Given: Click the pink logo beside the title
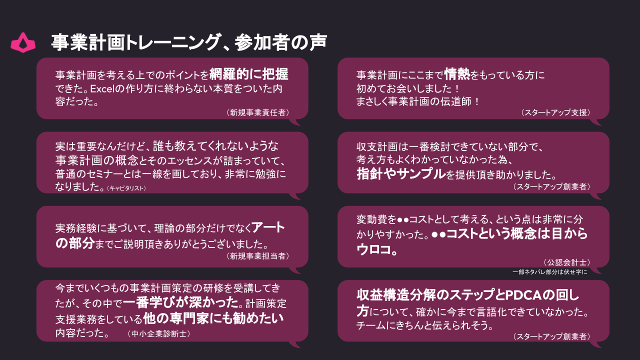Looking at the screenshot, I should [x=23, y=42].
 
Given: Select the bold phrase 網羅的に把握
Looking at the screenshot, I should [x=249, y=74].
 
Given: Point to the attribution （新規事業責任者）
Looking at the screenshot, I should [x=257, y=113].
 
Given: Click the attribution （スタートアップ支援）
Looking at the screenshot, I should [x=555, y=113].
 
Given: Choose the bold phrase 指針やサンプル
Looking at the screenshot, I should [x=401, y=174].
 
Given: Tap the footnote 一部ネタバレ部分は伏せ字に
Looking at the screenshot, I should [x=549, y=272].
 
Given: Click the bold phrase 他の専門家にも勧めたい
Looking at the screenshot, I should [x=213, y=318].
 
